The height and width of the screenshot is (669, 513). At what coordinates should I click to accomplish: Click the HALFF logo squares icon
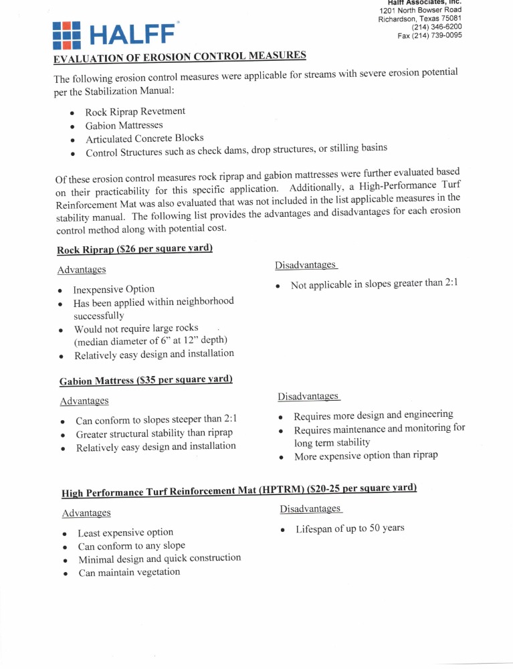coord(67,35)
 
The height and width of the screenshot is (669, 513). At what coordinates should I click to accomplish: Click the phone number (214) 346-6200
coord(436,27)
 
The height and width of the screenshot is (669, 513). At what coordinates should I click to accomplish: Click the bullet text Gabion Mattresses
coord(124,125)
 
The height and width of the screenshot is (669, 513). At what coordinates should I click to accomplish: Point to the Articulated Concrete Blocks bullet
coord(144,138)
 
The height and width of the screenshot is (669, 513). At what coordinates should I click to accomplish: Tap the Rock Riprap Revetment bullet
coord(135,111)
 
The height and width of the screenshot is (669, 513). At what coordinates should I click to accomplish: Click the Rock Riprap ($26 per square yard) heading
coord(134,249)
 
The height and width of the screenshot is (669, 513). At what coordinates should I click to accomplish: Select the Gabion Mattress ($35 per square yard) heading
coord(146,381)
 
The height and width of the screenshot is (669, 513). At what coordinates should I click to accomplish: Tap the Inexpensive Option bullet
coord(114,289)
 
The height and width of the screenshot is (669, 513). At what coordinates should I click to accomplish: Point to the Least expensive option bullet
coord(126,533)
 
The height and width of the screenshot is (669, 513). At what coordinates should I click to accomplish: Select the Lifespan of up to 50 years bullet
coord(350,529)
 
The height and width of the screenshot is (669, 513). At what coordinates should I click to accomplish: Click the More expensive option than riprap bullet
coord(366,456)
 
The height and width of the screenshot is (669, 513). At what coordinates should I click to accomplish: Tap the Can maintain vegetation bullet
coord(129,572)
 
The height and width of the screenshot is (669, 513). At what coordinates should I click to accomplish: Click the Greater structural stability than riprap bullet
coord(154,433)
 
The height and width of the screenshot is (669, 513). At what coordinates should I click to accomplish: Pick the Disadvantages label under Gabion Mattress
coord(308,397)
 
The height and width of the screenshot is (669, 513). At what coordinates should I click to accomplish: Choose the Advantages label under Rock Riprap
coord(82,270)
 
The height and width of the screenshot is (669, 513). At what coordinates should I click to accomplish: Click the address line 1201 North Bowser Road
coord(420,10)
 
